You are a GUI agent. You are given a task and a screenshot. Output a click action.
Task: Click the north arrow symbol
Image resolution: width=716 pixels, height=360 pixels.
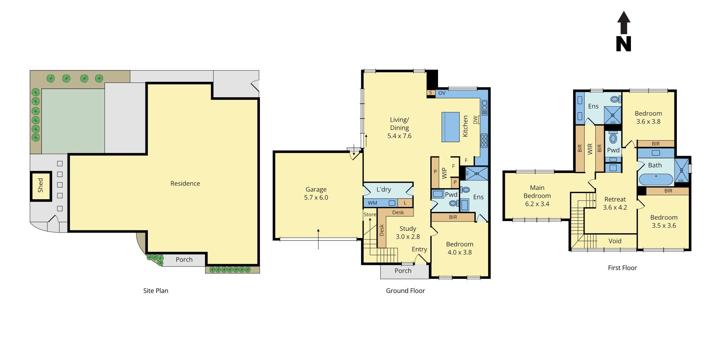point(624,32)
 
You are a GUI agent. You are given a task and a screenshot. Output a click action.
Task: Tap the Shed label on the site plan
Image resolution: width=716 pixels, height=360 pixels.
point(41,185)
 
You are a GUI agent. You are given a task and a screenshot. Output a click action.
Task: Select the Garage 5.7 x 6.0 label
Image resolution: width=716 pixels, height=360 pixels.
point(316,193)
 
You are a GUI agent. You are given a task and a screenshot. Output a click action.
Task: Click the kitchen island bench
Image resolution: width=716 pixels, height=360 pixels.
point(450,127)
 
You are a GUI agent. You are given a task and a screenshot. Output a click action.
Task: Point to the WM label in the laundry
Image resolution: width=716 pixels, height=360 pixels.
point(372,203)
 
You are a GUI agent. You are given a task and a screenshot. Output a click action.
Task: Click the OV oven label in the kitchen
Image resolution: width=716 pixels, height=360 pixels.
point(442,93)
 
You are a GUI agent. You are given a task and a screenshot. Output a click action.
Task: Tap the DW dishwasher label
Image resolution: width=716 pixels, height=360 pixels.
point(475,120)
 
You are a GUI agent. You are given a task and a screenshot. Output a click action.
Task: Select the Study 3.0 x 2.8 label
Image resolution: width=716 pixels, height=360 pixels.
point(408,233)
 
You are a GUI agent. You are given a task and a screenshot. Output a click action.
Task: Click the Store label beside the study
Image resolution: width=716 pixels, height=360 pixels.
point(369,215)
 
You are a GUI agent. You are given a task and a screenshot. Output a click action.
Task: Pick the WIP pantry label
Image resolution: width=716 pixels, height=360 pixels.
point(444,173)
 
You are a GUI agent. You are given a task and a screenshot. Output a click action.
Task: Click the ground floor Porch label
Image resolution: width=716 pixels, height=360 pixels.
point(403,271)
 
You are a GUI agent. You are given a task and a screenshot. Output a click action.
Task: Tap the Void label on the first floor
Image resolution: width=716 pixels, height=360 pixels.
point(615,241)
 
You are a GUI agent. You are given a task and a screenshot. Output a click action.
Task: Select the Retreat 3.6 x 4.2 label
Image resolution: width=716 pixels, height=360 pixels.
point(615,203)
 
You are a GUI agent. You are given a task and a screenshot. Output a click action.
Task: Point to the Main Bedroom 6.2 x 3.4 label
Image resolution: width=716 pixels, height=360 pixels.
point(537,196)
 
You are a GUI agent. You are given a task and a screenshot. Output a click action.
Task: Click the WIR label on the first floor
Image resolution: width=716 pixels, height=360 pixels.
point(590,149)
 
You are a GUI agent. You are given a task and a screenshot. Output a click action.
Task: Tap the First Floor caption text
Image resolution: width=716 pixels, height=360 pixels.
point(622,268)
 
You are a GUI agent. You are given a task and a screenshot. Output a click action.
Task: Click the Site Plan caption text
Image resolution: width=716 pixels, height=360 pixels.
point(155,291)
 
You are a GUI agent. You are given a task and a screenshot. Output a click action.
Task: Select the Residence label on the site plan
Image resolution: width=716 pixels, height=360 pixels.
point(185,183)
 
